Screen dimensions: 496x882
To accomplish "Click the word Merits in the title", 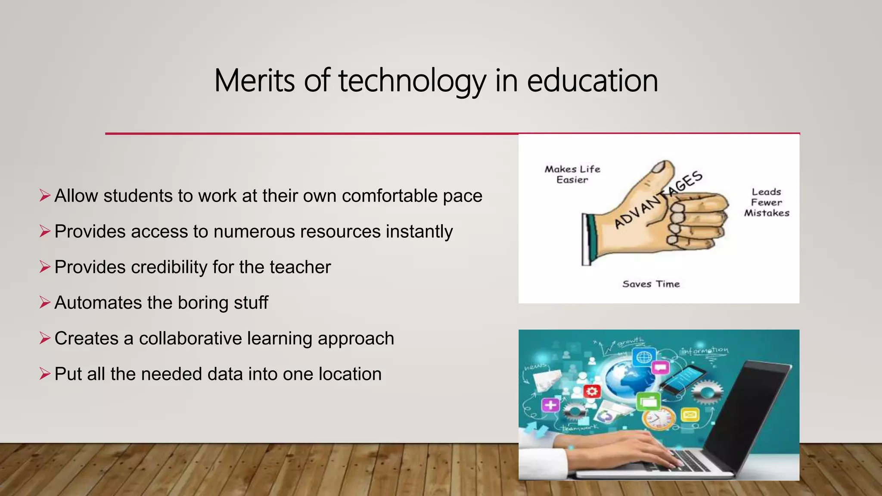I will point(255,81).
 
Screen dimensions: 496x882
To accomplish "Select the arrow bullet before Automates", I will point(45,302).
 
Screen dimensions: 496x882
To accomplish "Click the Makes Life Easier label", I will point(572,174).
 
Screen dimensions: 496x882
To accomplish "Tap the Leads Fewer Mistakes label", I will point(767,202).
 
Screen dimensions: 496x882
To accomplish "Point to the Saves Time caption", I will point(651,284).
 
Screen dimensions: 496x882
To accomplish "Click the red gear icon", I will point(592,391).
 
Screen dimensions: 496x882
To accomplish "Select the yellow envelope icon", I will point(689,415).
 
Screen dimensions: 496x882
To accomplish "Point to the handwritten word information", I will point(705,350).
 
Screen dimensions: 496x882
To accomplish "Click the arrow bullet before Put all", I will point(45,374).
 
